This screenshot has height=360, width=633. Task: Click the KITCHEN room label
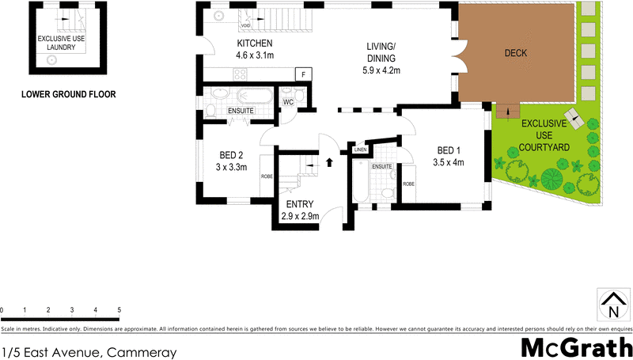coord(255,43)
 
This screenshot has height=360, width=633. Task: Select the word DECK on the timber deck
coord(516,54)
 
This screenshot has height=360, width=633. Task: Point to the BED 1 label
coord(448,150)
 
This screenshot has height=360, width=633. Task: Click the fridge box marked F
coord(301,74)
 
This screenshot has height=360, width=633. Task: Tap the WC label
coord(288,102)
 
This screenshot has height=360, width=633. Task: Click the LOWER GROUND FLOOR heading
coord(68,94)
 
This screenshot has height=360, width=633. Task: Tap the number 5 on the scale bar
coord(119,310)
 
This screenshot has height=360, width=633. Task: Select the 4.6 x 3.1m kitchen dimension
coord(255,55)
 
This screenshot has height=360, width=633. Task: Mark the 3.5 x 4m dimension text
coord(448,163)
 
